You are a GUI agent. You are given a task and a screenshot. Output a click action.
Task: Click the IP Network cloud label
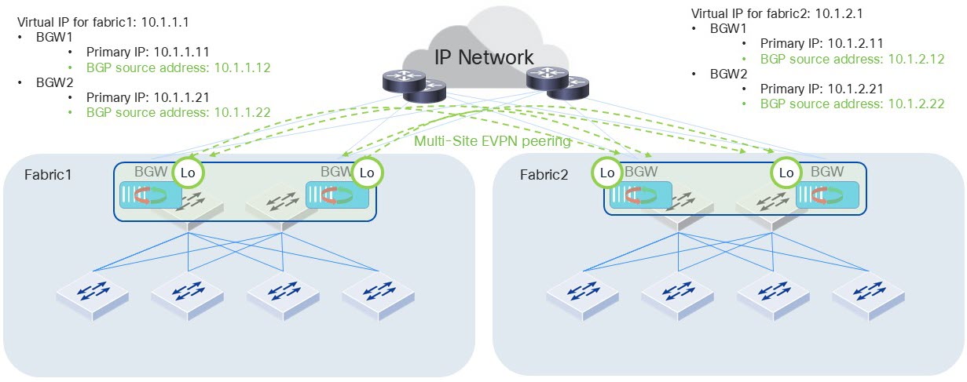coord(484,57)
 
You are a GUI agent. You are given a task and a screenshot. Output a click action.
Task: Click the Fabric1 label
coord(47,173)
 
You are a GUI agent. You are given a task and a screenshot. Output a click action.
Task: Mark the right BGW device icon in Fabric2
coord(826,195)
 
